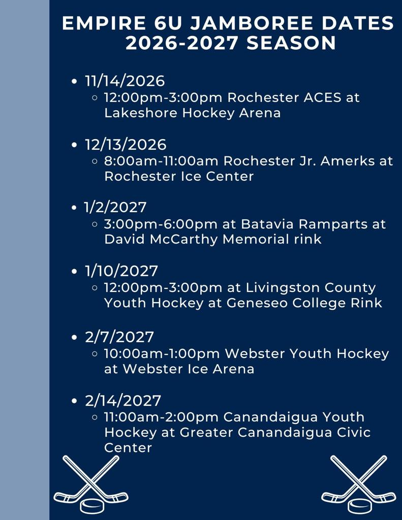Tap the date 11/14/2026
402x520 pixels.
[125, 81]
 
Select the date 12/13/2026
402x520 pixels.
[126, 145]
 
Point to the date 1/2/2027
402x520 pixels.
[115, 207]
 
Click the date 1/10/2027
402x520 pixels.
[121, 271]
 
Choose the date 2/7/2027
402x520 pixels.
[119, 337]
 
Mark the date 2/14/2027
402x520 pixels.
[123, 401]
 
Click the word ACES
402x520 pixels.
[322, 97]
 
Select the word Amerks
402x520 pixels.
[348, 161]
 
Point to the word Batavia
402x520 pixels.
[267, 224]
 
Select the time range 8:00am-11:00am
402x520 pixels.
[161, 161]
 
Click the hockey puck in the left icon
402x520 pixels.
[92, 506]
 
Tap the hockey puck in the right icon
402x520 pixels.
[360, 506]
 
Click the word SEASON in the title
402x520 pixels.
[291, 43]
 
